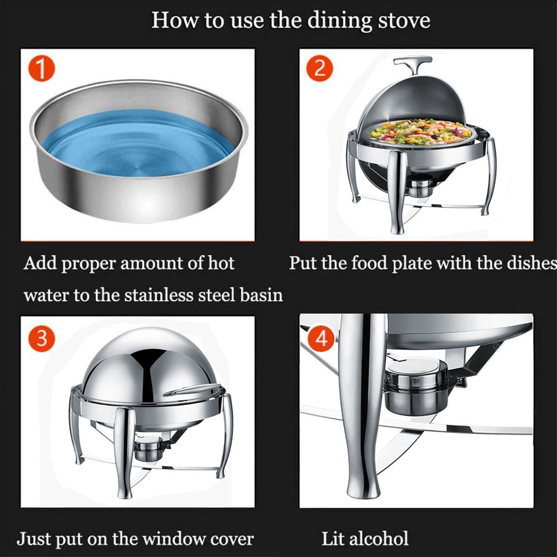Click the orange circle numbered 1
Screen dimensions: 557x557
pos(42,68)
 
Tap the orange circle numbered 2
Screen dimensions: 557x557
pos(319,68)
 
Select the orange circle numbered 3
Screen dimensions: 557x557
pos(42,338)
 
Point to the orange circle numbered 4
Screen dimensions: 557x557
pos(321,338)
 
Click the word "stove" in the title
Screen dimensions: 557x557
pos(404,20)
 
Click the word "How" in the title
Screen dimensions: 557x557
pos(175,20)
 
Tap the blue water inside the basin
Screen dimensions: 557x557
pos(138,143)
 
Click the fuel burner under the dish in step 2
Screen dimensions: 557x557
pos(420,186)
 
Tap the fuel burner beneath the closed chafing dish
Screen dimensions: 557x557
pos(149,449)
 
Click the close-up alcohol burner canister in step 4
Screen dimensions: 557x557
pos(416,386)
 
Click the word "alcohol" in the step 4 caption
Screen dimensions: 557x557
pos(379,538)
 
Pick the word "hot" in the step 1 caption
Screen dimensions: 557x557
pos(221,263)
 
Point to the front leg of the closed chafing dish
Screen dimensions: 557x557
pos(124,453)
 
